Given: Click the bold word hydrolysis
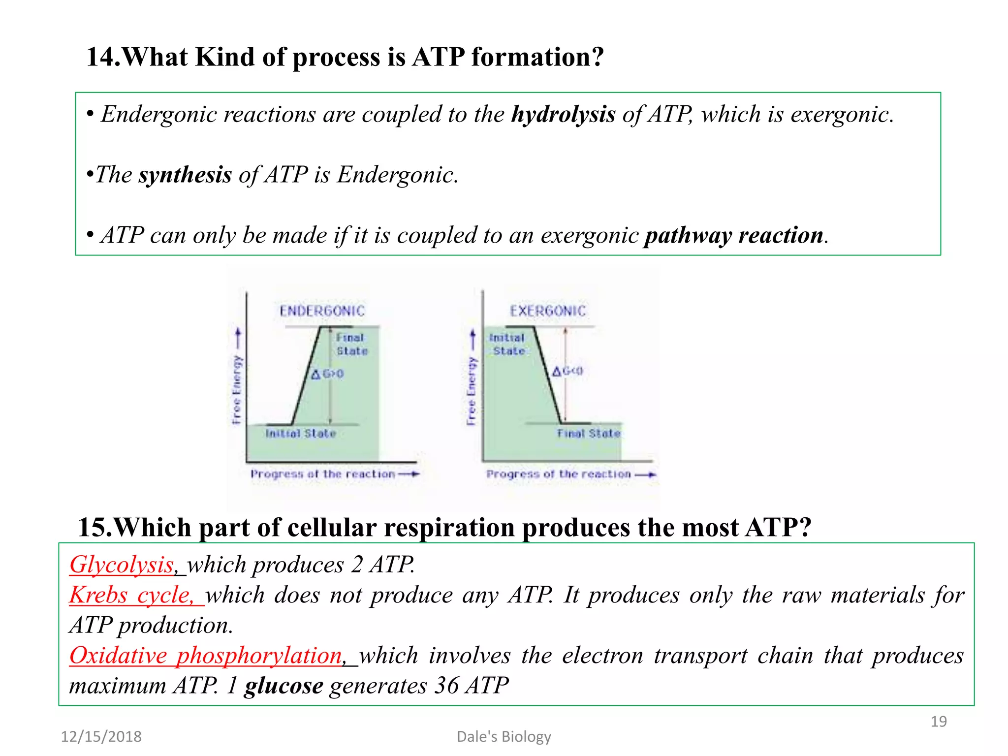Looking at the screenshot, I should (563, 115).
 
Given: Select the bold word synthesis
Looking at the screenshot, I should (185, 175).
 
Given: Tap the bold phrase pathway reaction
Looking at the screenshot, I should (734, 236).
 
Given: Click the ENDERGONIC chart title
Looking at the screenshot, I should (322, 311).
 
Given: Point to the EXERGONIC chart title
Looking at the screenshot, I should (548, 311).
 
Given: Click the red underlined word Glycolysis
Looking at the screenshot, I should (122, 565).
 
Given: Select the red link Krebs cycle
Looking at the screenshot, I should (131, 596).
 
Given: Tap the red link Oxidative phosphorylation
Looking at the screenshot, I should (206, 656).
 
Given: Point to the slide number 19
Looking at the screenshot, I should (938, 722).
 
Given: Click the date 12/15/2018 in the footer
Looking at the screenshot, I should (101, 737).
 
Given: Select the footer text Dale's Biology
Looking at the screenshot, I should (504, 737).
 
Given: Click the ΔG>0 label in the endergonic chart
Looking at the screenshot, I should (327, 375).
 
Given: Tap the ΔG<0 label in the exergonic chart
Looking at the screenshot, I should (567, 371).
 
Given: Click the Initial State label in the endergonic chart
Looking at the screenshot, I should (300, 434).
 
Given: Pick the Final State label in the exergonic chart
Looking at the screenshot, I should (589, 434).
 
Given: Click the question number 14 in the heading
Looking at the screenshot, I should (102, 58).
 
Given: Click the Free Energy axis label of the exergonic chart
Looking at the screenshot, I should (472, 391).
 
